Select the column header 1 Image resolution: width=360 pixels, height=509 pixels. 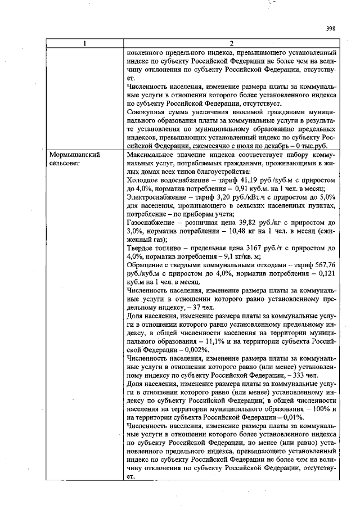pyautogui.click(x=85, y=43)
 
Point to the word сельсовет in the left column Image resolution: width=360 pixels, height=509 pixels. pyautogui.click(x=65, y=162)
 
